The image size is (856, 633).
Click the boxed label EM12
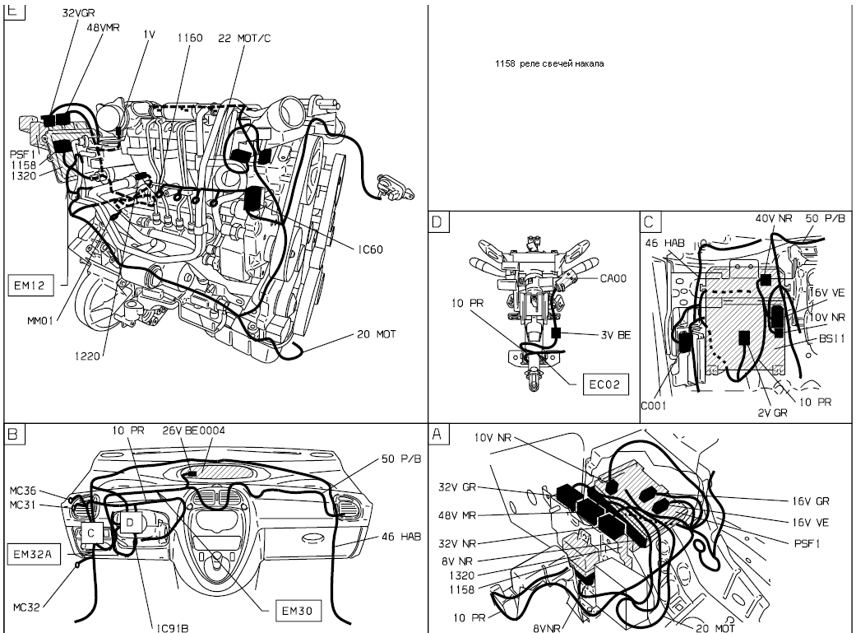click(x=30, y=286)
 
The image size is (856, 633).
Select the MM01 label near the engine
click(x=40, y=321)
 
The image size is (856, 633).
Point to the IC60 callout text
click(x=370, y=249)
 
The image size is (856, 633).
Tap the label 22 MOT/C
click(x=244, y=38)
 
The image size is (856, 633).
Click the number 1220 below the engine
click(x=87, y=356)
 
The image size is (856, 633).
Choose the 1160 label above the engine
click(x=190, y=38)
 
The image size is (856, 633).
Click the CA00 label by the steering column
click(x=613, y=279)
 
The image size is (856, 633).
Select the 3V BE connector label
click(x=616, y=335)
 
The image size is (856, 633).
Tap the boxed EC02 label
click(x=605, y=384)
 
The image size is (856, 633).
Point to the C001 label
click(x=654, y=406)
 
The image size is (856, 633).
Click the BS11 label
click(x=832, y=339)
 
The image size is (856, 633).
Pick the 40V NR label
click(x=774, y=218)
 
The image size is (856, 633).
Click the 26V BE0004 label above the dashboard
click(x=193, y=431)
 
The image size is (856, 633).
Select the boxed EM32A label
click(x=34, y=554)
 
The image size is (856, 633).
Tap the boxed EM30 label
click(x=297, y=611)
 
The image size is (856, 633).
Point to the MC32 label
click(x=26, y=607)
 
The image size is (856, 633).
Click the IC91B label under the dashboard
click(x=172, y=628)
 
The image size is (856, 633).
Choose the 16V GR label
click(x=811, y=501)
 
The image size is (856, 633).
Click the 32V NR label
click(x=457, y=543)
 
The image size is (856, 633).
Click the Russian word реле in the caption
click(x=529, y=63)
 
